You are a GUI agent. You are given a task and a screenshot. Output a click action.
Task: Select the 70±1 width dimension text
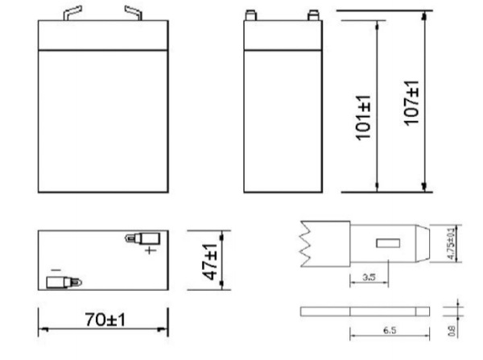tap(105, 321)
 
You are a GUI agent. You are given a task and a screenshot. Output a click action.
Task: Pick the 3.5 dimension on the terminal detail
tap(369, 276)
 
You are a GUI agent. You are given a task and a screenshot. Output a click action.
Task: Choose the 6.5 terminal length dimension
tap(390, 331)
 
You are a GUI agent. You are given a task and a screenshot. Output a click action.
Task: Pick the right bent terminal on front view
tap(132, 13)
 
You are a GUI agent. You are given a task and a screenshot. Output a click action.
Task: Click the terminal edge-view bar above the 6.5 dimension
tap(366, 312)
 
